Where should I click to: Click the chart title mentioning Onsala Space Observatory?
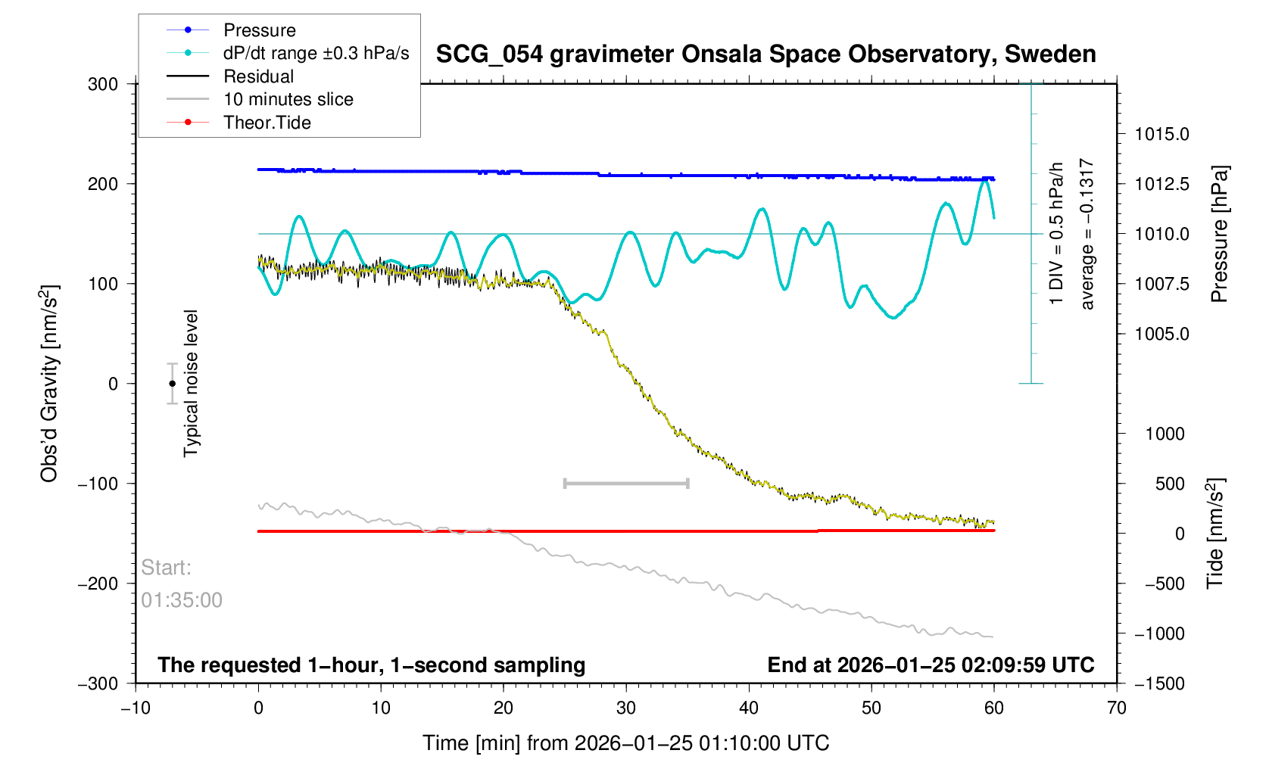pyautogui.click(x=765, y=54)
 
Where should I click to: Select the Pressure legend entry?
pyautogui.click(x=259, y=30)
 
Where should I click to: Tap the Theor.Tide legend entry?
pyautogui.click(x=267, y=123)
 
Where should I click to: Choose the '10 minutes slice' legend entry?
pyautogui.click(x=288, y=99)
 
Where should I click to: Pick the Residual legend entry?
pyautogui.click(x=258, y=76)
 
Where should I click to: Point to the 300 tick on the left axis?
pyautogui.click(x=103, y=84)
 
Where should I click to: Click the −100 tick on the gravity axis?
pyautogui.click(x=98, y=484)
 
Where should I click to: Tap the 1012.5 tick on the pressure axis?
pyautogui.click(x=1161, y=184)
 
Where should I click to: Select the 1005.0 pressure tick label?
pyautogui.click(x=1161, y=334)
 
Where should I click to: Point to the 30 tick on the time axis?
pyautogui.click(x=626, y=708)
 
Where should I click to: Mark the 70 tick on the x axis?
pyautogui.click(x=1116, y=708)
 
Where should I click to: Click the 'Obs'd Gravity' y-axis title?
pyautogui.click(x=49, y=384)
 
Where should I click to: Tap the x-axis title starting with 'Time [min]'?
pyautogui.click(x=625, y=743)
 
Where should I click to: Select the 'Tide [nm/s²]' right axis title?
pyautogui.click(x=1215, y=533)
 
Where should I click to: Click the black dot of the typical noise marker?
pyautogui.click(x=172, y=384)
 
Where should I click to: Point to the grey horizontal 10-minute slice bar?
pyautogui.click(x=626, y=483)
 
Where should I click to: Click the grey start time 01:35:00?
pyautogui.click(x=182, y=600)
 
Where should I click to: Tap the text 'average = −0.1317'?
pyautogui.click(x=1087, y=234)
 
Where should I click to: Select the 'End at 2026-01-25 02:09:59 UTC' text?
pyautogui.click(x=931, y=665)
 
